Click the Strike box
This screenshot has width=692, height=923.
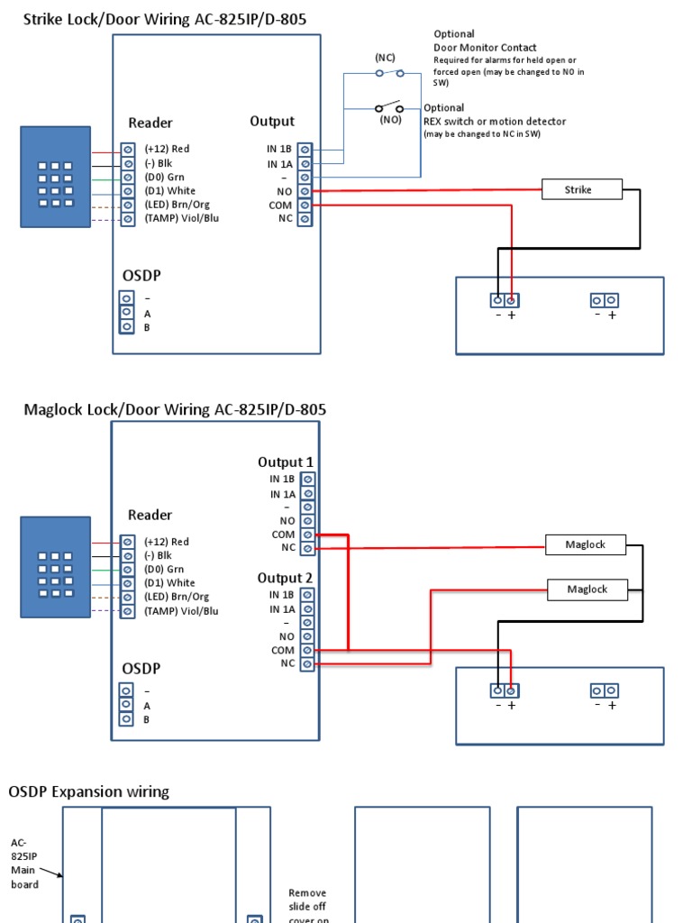pos(581,189)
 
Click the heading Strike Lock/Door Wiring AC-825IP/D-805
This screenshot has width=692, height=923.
pos(170,19)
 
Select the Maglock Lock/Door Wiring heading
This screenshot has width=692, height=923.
pos(175,410)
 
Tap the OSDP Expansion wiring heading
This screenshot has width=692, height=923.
pos(88,791)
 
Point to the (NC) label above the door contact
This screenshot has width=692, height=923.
pos(386,57)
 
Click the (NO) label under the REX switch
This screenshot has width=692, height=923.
pos(390,119)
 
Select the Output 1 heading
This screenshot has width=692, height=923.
pos(286,462)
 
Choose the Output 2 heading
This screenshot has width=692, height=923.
pos(286,578)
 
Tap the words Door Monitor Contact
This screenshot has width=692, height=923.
pos(485,48)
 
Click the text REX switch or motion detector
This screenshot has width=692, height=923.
pos(495,122)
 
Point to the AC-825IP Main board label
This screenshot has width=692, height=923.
pos(24,864)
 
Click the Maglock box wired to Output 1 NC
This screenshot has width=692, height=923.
pos(586,544)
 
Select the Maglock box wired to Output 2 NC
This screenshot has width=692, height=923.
pos(587,589)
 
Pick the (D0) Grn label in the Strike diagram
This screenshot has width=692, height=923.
pos(164,177)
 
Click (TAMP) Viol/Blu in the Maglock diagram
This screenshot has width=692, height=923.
pos(181,611)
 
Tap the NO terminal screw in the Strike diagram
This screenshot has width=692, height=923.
pos(305,191)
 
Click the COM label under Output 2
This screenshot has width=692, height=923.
pos(282,650)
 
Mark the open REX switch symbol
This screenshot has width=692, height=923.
pos(389,107)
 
